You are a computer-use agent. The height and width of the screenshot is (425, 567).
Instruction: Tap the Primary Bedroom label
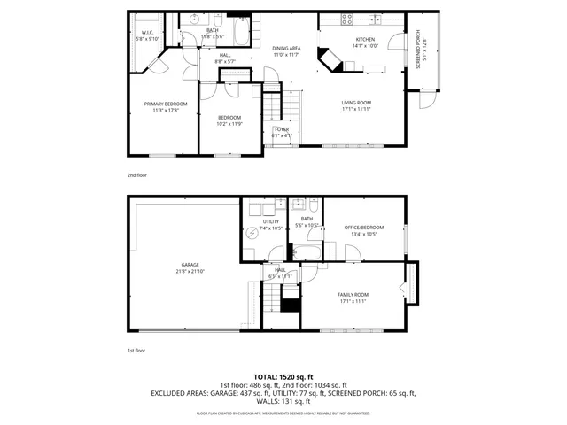166,104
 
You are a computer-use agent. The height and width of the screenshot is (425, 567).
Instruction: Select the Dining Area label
286,50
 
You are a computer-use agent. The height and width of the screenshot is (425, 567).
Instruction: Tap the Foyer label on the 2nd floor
282,129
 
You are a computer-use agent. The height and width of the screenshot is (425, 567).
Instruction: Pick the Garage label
190,265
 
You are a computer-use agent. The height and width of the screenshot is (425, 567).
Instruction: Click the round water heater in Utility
253,232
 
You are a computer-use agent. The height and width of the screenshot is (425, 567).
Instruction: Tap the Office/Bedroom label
364,228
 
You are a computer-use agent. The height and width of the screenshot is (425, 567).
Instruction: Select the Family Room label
352,294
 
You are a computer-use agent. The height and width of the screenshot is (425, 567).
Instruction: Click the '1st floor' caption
136,351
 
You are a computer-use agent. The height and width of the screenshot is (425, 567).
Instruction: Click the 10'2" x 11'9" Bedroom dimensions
229,123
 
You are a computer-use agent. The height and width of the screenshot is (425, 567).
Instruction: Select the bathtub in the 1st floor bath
309,252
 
